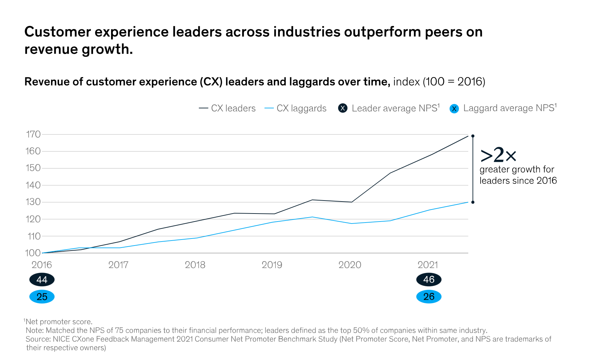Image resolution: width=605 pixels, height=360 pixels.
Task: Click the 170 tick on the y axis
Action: coord(33,134)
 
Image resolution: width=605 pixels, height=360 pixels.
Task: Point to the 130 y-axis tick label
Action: coord(33,202)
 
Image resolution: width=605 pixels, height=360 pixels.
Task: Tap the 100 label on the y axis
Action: coord(33,253)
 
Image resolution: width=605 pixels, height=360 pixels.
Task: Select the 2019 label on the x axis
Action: coord(272,265)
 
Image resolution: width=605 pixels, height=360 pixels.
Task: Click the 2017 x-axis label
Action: coord(118,265)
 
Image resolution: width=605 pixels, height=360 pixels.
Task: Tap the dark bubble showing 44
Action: coord(42,280)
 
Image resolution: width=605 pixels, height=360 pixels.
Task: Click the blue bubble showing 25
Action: coord(42,297)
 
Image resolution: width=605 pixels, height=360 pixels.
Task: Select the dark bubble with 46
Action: coord(429,280)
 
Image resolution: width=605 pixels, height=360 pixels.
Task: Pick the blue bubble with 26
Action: coord(429,297)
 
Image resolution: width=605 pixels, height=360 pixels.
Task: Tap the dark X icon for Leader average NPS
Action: coord(343,108)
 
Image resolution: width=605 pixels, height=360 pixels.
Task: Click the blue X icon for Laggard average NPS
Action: coord(454,109)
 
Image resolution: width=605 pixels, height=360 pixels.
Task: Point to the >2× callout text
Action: coord(498,155)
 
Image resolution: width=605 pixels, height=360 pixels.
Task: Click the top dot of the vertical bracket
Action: coord(473,136)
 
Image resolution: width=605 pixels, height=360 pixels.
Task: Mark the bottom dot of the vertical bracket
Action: coord(473,202)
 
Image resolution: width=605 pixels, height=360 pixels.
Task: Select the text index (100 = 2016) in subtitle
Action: coord(439,82)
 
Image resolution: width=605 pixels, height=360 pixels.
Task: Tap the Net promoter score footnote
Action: coord(59,322)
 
